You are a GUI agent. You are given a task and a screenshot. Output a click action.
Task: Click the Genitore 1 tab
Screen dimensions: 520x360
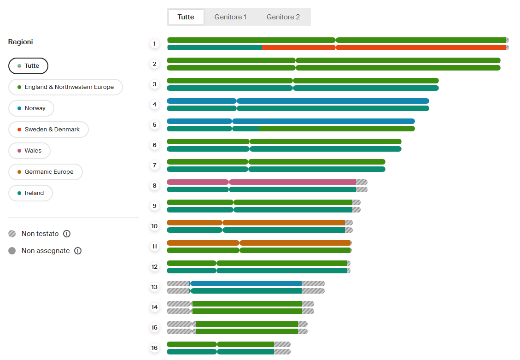point(230,17)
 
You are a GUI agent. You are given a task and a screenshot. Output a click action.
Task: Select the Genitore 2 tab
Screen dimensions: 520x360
point(283,17)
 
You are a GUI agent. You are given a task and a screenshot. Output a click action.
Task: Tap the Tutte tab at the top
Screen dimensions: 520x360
point(186,17)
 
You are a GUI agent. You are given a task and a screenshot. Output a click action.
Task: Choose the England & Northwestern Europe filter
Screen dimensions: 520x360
point(66,87)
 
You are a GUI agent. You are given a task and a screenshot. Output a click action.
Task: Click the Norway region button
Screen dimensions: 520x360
point(31,108)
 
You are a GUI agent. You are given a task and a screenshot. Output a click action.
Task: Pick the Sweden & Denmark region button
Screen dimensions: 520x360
point(48,130)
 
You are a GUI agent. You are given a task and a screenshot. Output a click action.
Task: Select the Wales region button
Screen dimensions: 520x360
point(29,151)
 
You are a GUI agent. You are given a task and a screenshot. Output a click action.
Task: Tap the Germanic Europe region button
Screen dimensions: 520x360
point(46,172)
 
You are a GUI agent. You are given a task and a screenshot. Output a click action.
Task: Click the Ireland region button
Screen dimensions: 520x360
point(30,193)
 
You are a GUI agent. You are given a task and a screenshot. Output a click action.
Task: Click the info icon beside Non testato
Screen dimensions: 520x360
point(67,234)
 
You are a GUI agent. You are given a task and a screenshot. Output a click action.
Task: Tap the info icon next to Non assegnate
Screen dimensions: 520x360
point(78,251)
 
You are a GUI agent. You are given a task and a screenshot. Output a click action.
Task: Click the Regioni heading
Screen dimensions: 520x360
point(21,42)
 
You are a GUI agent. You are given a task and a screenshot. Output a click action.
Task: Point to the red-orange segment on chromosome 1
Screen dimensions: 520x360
point(385,47)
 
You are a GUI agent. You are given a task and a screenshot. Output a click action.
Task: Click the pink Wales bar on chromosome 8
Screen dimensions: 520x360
point(261,182)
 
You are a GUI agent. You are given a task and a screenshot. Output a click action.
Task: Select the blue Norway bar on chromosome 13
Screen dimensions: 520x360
point(246,283)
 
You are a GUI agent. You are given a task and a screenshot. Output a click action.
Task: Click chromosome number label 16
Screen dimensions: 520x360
point(155,348)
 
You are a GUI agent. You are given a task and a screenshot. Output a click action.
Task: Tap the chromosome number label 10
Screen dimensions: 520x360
point(155,226)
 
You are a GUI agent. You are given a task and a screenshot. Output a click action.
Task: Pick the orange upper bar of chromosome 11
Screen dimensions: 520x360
point(259,243)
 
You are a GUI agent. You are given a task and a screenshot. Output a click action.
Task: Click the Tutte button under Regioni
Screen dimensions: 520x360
point(28,66)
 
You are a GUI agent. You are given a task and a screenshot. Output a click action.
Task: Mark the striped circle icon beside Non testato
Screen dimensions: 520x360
point(12,234)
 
